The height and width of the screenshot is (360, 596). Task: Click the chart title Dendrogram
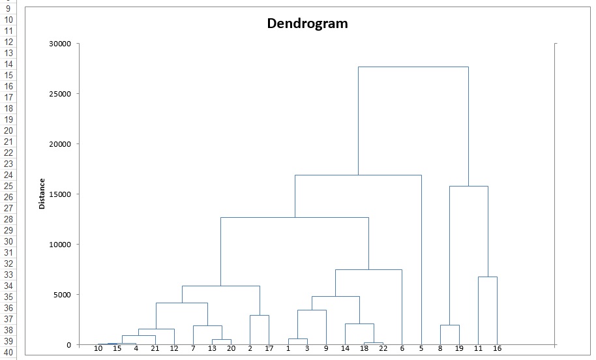click(x=307, y=23)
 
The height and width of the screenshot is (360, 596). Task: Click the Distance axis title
click(x=42, y=194)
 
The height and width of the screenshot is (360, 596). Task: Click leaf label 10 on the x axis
click(x=98, y=349)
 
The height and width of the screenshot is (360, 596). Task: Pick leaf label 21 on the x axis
click(x=155, y=349)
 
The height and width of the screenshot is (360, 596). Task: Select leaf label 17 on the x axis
click(x=269, y=349)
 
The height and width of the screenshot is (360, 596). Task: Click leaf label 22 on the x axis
click(x=383, y=349)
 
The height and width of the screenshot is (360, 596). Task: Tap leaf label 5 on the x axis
click(x=421, y=349)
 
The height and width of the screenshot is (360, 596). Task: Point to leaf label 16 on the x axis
click(x=497, y=349)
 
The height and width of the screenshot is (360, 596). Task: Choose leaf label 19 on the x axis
click(x=459, y=349)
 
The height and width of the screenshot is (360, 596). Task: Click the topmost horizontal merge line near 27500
click(x=413, y=67)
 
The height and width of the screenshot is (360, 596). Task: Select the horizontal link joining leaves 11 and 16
click(x=487, y=277)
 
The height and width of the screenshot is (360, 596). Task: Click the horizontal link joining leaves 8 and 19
click(x=449, y=325)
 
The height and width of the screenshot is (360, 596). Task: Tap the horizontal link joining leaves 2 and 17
click(x=260, y=316)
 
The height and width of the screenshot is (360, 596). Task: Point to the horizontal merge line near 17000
click(x=358, y=175)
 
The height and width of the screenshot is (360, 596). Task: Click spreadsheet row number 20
click(x=8, y=130)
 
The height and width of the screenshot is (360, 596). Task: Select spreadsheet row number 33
click(x=8, y=275)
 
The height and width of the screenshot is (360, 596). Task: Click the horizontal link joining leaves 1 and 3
click(x=297, y=339)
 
